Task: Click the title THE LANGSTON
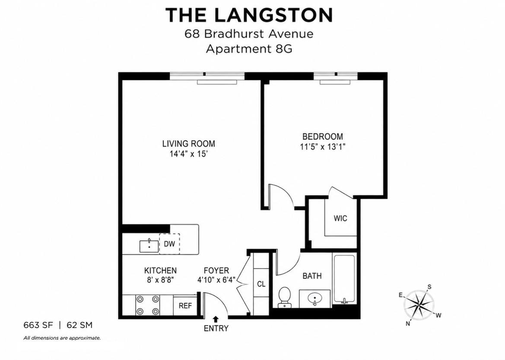[249, 15]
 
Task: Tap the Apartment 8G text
[249, 49]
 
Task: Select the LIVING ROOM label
[188, 143]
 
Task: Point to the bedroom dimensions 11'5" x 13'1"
[323, 147]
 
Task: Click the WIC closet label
[340, 218]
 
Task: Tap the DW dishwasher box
[169, 244]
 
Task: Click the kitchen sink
[149, 246]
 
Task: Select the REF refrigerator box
[185, 305]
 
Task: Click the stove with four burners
[148, 305]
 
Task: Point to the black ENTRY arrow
[216, 319]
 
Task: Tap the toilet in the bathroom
[284, 297]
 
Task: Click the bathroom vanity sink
[314, 299]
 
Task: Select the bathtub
[344, 279]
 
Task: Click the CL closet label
[261, 284]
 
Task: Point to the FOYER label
[216, 271]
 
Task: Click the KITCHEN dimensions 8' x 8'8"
[160, 280]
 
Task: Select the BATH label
[312, 276]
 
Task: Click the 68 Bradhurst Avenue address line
[249, 34]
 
